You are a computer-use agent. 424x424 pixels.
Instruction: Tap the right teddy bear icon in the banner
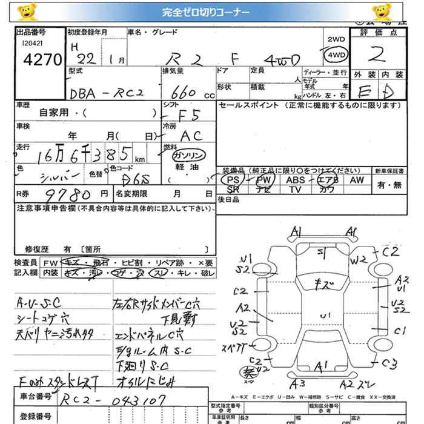381,12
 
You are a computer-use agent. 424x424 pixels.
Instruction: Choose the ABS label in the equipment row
296,180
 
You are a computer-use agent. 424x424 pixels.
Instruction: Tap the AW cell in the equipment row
357,180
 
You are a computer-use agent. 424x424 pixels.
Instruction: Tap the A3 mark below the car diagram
297,383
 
